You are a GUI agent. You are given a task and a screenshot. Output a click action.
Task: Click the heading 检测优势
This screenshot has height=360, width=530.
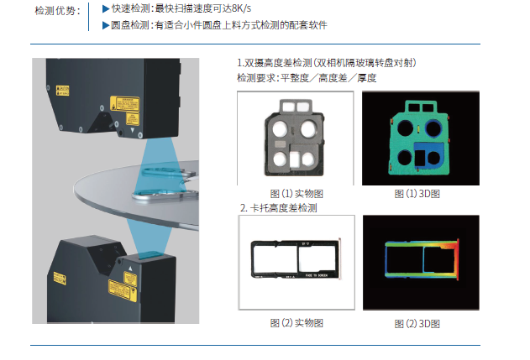[x=58, y=11]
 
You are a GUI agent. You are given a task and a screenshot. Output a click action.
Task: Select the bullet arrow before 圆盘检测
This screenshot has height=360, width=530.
[x=105, y=25]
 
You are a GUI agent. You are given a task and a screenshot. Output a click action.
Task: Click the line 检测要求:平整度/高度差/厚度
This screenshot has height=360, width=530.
[x=307, y=78]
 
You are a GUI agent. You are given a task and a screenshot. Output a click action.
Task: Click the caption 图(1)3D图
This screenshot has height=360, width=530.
[x=417, y=194]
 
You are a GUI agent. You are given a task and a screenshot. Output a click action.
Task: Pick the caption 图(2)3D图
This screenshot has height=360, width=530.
[x=417, y=323]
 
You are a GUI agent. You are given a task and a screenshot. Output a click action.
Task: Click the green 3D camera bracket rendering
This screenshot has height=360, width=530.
[x=417, y=138]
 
